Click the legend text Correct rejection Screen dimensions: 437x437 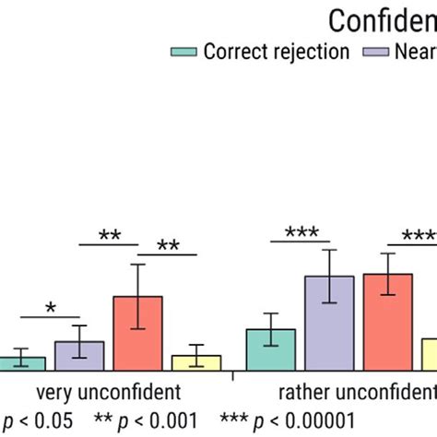click(x=276, y=52)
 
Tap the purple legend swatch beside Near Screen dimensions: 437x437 click(x=379, y=52)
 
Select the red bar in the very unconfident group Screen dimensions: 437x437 click(x=137, y=333)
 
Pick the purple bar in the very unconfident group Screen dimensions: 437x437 click(x=79, y=355)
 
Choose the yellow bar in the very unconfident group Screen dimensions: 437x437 click(x=195, y=361)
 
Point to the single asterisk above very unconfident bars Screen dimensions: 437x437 click(x=51, y=308)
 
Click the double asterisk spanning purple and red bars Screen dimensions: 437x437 click(x=109, y=236)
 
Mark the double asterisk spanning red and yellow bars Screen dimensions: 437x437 click(x=167, y=246)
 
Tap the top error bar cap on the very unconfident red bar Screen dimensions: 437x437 click(x=137, y=265)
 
